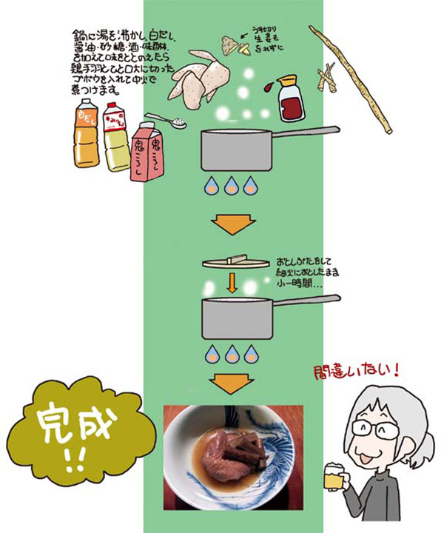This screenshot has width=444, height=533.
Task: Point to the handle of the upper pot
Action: click(306, 133)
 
